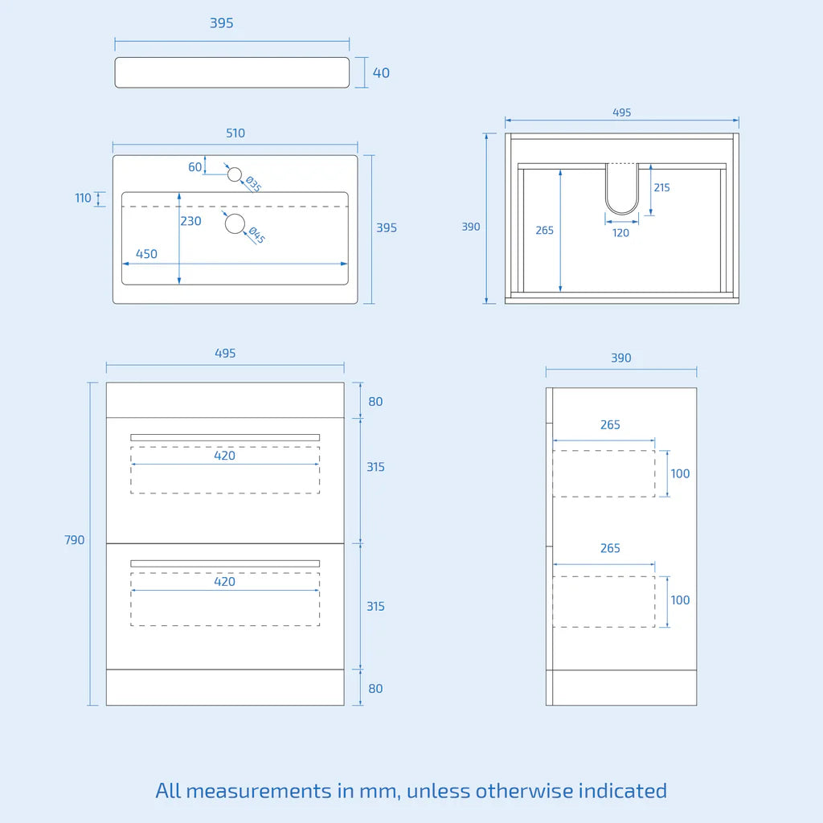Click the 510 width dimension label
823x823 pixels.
coord(235,133)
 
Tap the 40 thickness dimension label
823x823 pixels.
coord(381,73)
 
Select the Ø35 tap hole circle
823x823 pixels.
coord(234,174)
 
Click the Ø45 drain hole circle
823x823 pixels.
coord(235,223)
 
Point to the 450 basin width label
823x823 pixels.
coord(146,254)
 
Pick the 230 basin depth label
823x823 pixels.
coord(190,221)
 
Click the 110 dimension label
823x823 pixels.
coord(83,198)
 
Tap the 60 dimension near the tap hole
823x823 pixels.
coord(194,167)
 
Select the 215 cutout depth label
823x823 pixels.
coord(661,187)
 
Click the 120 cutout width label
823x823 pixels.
coord(620,233)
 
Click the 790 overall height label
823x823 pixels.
coord(74,540)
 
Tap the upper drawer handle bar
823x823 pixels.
coord(225,438)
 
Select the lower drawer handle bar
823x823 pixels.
coord(225,563)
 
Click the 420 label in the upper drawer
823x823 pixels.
coord(225,456)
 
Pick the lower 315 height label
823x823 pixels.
coord(375,606)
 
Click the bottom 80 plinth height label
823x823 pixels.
coord(375,689)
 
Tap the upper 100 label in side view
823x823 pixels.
coord(680,473)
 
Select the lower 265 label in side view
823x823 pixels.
coord(610,548)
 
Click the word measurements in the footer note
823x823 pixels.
coord(258,791)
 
